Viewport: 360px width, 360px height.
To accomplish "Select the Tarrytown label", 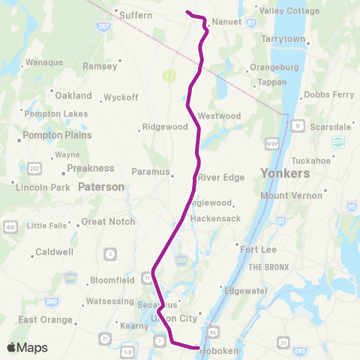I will pyautogui.click(x=283, y=38).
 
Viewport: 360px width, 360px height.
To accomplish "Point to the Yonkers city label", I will pyautogui.click(x=285, y=173).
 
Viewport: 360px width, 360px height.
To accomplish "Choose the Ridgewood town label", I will pyautogui.click(x=165, y=127).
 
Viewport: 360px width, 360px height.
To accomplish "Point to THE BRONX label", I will pyautogui.click(x=268, y=267).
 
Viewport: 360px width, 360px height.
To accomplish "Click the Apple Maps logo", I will pyautogui.click(x=26, y=347).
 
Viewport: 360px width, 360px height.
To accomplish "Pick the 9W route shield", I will pyautogui.click(x=271, y=142).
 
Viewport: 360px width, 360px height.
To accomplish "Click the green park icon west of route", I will pyautogui.click(x=169, y=75).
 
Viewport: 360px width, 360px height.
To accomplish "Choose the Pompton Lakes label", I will pyautogui.click(x=58, y=113).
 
